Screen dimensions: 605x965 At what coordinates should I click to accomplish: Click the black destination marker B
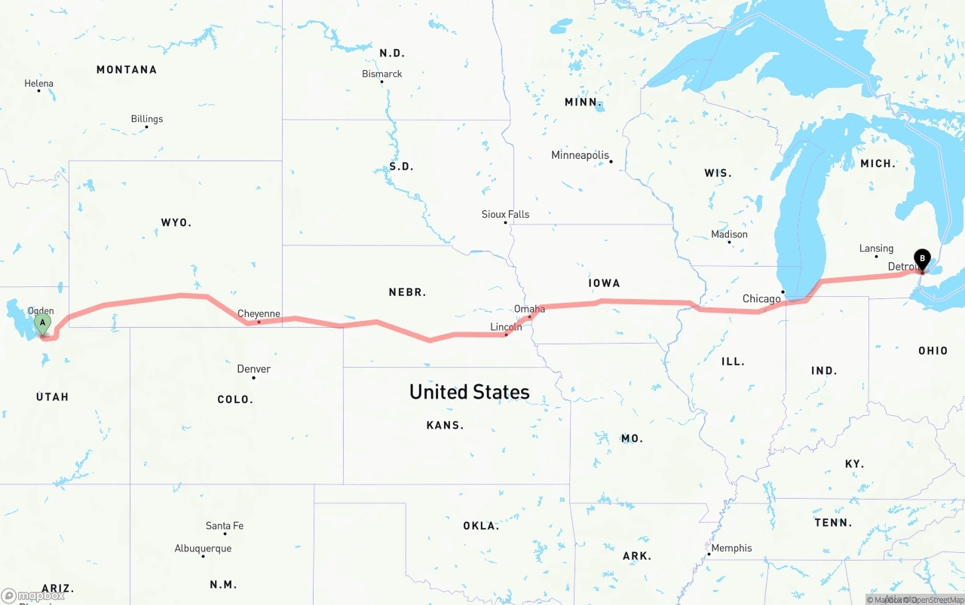(x=922, y=259)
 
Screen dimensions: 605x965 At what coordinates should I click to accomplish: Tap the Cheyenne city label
(x=259, y=313)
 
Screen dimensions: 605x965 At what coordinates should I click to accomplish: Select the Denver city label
(x=253, y=369)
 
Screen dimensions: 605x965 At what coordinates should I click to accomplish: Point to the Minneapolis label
(x=580, y=155)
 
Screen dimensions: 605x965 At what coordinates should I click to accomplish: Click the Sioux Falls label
(x=505, y=215)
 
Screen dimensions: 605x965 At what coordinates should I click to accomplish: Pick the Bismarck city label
(x=382, y=74)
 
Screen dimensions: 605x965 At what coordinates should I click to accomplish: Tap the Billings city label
(x=147, y=119)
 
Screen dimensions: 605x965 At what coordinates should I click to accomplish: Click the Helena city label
(x=39, y=84)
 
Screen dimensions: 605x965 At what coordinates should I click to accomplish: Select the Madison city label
(x=729, y=234)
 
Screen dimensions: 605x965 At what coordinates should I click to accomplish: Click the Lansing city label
(x=876, y=249)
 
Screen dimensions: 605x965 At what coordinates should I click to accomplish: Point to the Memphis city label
(x=731, y=548)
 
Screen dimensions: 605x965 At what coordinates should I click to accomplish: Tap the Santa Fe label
(x=225, y=526)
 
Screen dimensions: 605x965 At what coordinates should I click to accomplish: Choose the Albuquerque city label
(x=203, y=548)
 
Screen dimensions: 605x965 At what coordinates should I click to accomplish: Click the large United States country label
(x=469, y=392)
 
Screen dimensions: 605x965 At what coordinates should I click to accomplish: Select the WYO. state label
(x=176, y=223)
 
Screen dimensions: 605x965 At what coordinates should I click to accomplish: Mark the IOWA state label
(x=604, y=283)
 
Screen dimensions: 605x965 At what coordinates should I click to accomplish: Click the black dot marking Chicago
(x=783, y=292)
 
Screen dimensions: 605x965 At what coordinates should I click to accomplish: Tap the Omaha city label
(x=529, y=310)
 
